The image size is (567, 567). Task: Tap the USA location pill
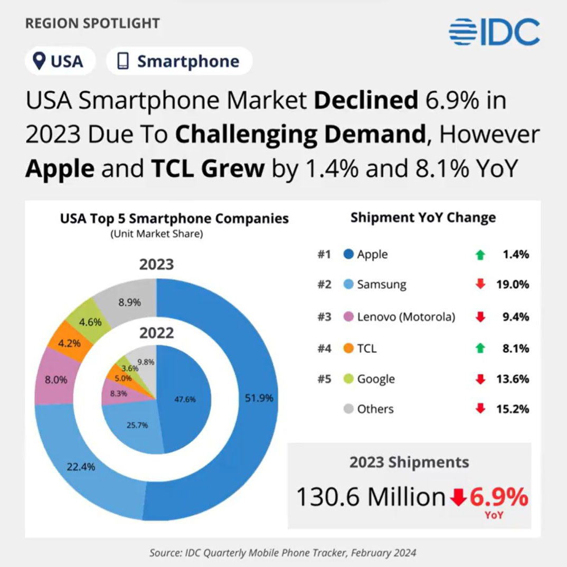point(59,61)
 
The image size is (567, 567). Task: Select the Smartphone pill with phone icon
point(179,61)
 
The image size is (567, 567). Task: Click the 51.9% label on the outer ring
point(259,398)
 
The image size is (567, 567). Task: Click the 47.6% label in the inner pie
point(185,400)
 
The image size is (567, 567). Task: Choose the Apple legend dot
point(348,254)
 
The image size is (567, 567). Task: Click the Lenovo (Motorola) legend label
point(405,317)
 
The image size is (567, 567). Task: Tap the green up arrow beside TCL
point(480,348)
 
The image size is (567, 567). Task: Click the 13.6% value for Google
point(513,379)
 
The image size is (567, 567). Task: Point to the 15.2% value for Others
point(513,409)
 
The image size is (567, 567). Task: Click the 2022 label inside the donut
point(156,333)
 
